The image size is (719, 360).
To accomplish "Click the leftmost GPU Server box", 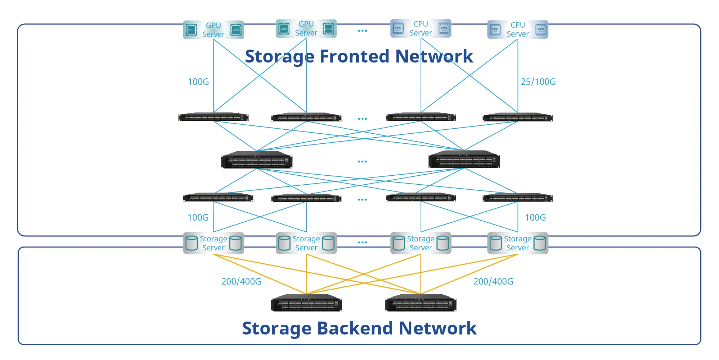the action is pos(214,30).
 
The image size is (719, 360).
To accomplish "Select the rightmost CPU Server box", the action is pos(518,29).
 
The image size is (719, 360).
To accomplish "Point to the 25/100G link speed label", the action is pos(538,82).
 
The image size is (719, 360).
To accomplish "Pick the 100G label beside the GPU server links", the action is pos(198,82).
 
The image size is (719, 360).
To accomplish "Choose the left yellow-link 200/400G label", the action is pos(241,281).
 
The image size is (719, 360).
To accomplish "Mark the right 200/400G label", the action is pos(493,281).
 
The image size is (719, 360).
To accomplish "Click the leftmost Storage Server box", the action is pos(214,243).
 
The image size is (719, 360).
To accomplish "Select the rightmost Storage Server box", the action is pos(518,243).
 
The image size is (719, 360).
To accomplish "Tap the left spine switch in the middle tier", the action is pos(257,160).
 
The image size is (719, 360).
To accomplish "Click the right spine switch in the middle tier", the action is pos(464,159).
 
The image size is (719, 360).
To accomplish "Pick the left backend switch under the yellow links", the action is pos(306,303).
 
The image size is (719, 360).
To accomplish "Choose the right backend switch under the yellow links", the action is pos(421,303).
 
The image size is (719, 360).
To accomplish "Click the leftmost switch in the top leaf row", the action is pos(214,117).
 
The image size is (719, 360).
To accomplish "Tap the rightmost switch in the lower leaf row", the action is pos(518,198).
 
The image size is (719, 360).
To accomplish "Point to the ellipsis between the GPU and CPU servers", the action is pos(362,31).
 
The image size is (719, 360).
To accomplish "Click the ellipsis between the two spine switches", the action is pos(362,162).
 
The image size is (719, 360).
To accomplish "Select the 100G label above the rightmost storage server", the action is pos(535,217).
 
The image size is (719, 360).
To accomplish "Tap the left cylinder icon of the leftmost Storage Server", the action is pos(191,243).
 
